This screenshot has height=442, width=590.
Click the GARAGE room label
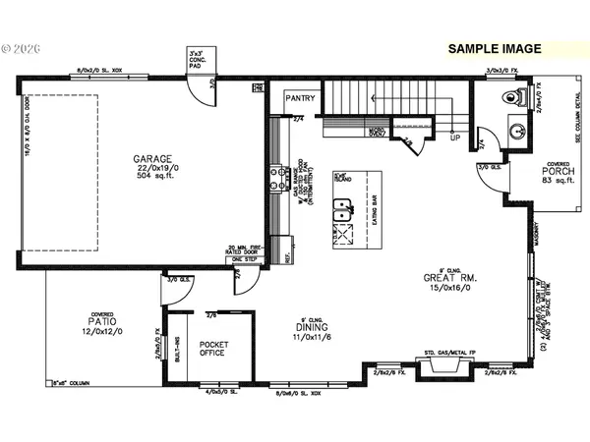tap(152, 158)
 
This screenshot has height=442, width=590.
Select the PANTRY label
tap(299, 98)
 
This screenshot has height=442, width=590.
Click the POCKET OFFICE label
tap(213, 348)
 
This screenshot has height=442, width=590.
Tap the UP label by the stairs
tap(454, 137)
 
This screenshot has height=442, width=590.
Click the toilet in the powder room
tap(511, 97)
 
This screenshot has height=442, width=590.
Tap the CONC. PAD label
tap(200, 61)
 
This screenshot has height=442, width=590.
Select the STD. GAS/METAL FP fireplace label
tap(436, 350)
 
